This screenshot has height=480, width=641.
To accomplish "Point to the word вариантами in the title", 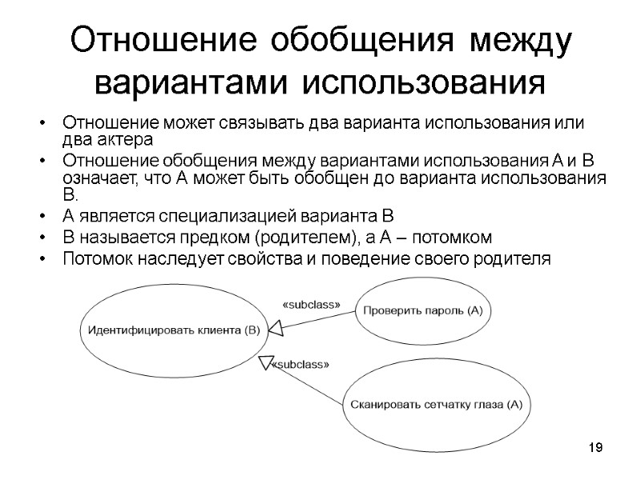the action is (x=195, y=82).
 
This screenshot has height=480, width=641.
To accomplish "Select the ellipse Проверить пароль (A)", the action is (x=424, y=310).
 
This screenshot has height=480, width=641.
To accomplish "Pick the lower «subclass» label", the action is (x=300, y=365).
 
